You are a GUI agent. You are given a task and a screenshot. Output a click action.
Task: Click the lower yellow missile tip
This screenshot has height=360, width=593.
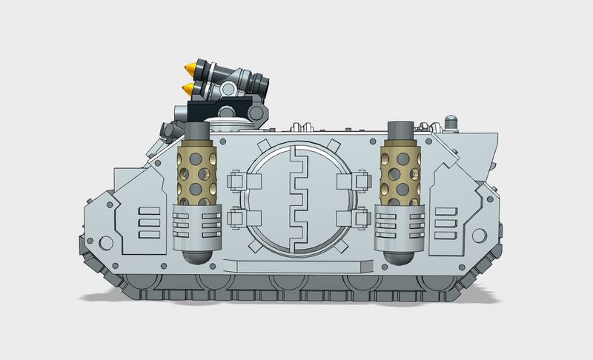tap(189, 90)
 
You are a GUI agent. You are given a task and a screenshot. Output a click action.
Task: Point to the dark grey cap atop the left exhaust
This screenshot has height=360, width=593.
tap(196, 132)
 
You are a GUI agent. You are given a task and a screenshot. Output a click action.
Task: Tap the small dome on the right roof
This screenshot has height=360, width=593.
tap(451, 120)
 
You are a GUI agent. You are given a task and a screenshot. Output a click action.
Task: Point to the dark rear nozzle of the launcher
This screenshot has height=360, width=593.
tap(259, 81)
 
